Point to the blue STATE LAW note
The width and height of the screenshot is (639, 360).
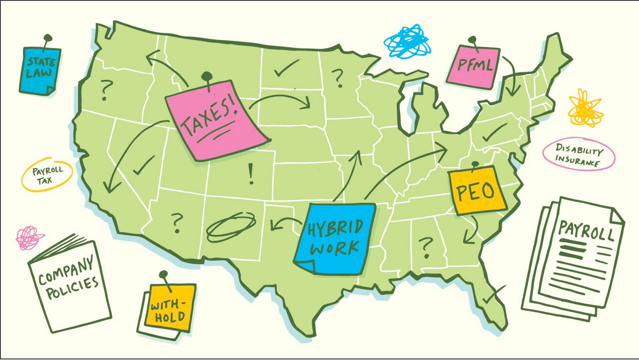[39, 70]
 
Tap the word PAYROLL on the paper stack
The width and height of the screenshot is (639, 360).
[585, 231]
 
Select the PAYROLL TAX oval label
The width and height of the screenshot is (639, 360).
[47, 175]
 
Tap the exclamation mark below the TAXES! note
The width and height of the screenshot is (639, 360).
[251, 174]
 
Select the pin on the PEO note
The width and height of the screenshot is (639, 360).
[474, 163]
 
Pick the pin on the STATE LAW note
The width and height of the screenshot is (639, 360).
[47, 37]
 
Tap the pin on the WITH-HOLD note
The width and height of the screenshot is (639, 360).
[163, 275]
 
